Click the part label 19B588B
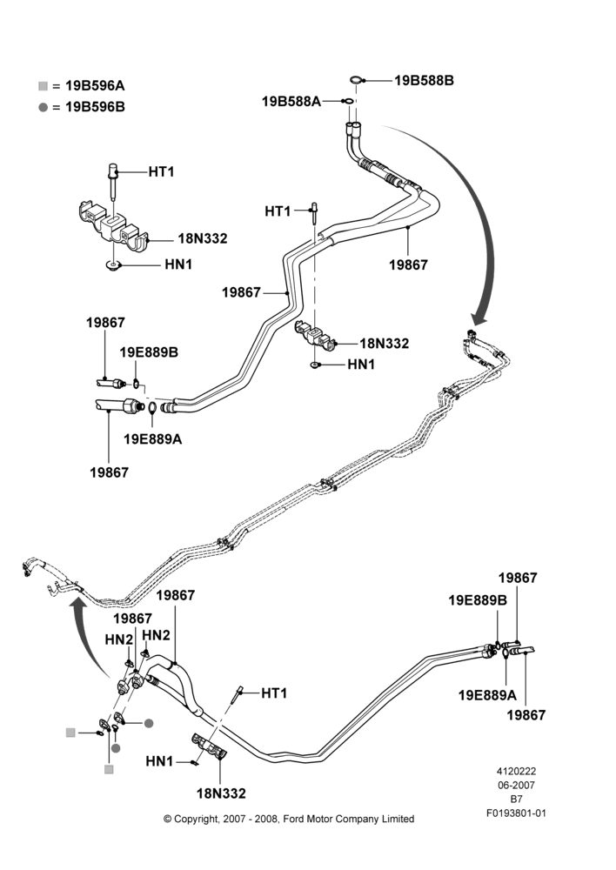pyautogui.click(x=424, y=80)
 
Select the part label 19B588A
pyautogui.click(x=291, y=102)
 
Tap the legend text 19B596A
pyautogui.click(x=95, y=85)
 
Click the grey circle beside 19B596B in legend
pyautogui.click(x=44, y=107)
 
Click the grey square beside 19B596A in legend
pyautogui.click(x=44, y=86)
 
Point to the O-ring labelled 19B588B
pyautogui.click(x=356, y=80)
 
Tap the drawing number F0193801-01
pyautogui.click(x=516, y=813)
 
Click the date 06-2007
pyautogui.click(x=516, y=785)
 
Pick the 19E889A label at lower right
pyautogui.click(x=487, y=694)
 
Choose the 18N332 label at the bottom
pyautogui.click(x=221, y=793)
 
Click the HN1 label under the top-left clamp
pyautogui.click(x=178, y=264)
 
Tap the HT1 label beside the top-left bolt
pyautogui.click(x=162, y=172)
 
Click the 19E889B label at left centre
pyautogui.click(x=149, y=352)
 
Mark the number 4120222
pyautogui.click(x=516, y=771)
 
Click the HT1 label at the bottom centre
pyautogui.click(x=274, y=693)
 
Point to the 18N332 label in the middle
pyautogui.click(x=384, y=344)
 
